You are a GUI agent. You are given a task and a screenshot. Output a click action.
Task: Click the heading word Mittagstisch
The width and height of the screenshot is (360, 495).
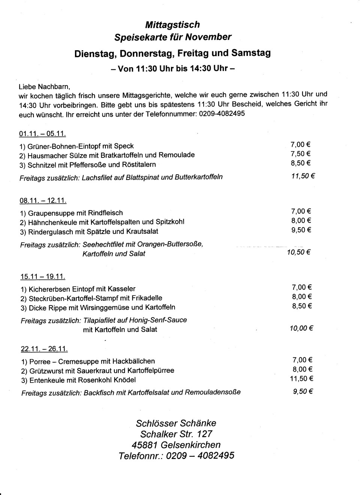point(172,25)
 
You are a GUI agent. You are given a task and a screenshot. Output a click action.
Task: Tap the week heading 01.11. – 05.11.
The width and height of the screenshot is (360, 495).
point(42,134)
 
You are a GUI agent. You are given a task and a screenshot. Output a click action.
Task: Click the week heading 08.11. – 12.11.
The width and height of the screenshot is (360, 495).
point(43,201)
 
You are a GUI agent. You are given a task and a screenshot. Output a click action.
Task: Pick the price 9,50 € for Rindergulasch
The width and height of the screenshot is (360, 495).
point(301,230)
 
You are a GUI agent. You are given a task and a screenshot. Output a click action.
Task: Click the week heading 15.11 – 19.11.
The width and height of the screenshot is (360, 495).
point(43,277)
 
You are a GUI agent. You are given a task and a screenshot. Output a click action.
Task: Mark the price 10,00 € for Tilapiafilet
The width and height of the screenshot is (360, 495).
point(301,328)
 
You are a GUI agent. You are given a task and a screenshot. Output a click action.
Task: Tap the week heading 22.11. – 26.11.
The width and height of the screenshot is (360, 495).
point(44,349)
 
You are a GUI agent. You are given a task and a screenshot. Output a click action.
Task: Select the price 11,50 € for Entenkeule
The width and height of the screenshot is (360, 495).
point(301,379)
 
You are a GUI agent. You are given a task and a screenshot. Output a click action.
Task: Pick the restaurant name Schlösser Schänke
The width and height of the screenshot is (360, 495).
point(176,423)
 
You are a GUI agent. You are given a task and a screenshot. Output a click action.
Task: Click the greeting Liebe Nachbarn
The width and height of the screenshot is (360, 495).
point(44,86)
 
